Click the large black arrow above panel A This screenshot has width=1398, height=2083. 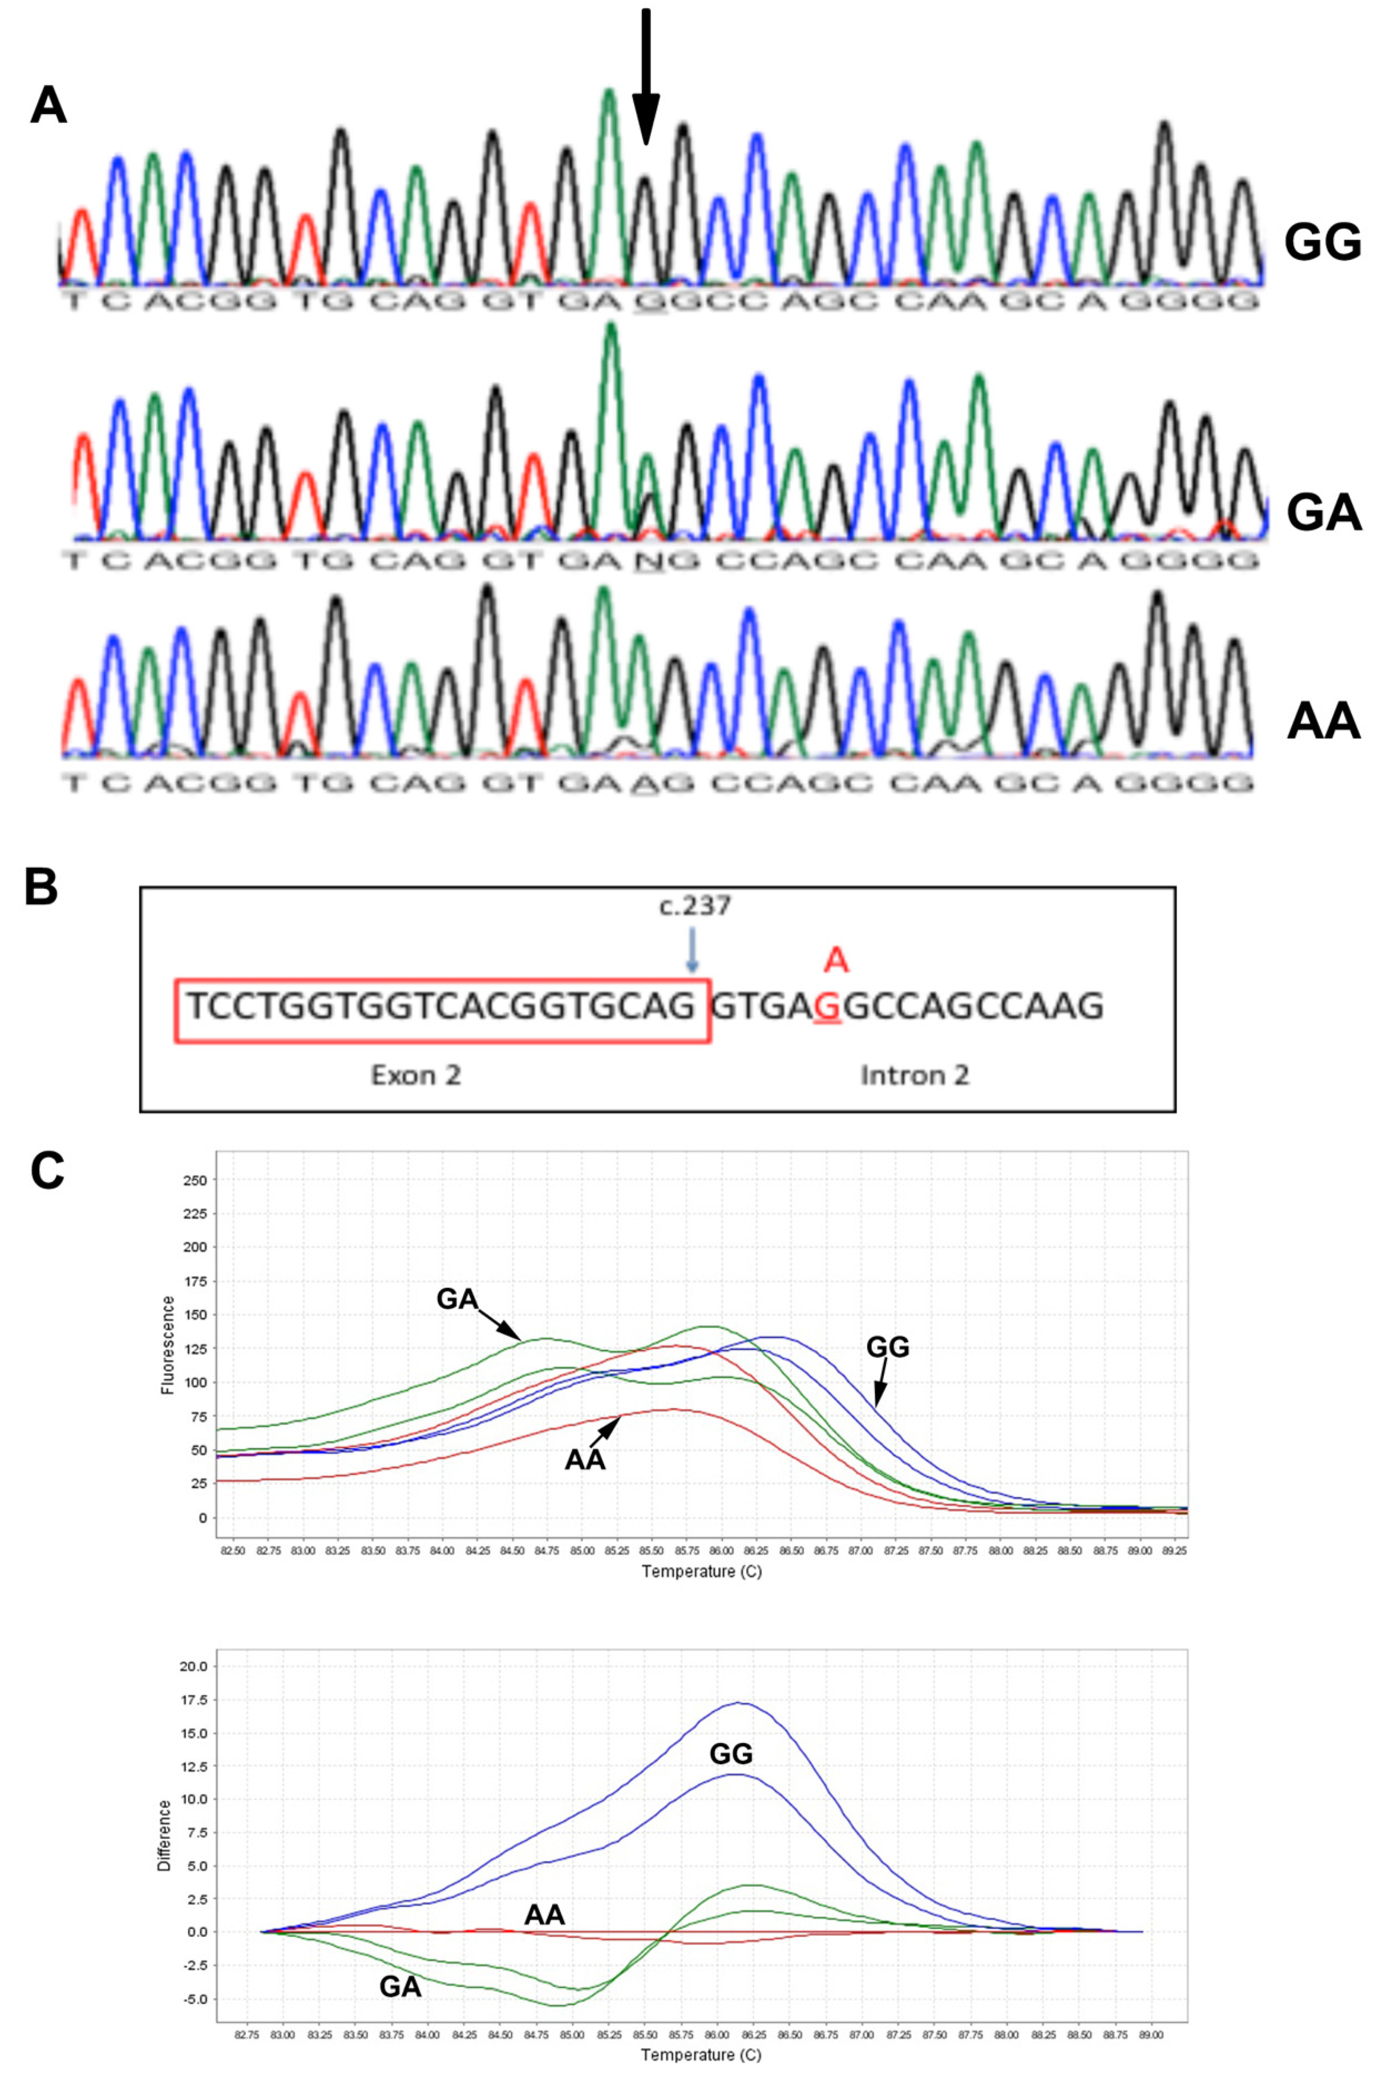tap(646, 80)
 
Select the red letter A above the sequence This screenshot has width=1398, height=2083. tap(835, 960)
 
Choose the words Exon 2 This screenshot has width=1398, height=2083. tap(415, 1075)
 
